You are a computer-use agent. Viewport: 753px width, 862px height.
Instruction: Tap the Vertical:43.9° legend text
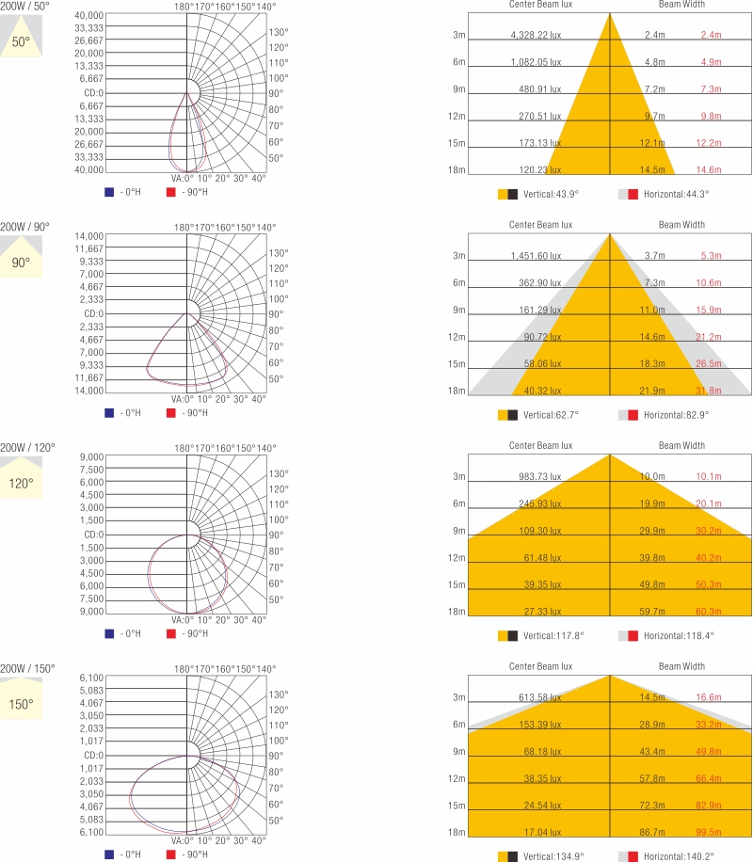551,194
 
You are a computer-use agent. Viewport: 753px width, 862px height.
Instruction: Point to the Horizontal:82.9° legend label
676,414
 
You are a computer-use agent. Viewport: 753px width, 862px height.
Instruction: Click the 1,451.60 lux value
535,256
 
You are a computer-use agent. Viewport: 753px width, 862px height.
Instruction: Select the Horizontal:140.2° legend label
679,856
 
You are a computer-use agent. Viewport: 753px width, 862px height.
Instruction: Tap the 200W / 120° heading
27,447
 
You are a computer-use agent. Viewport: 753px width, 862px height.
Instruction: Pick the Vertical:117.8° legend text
553,635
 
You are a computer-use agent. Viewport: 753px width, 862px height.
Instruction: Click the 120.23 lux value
539,170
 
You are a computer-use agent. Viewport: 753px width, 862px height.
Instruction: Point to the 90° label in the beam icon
21,263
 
